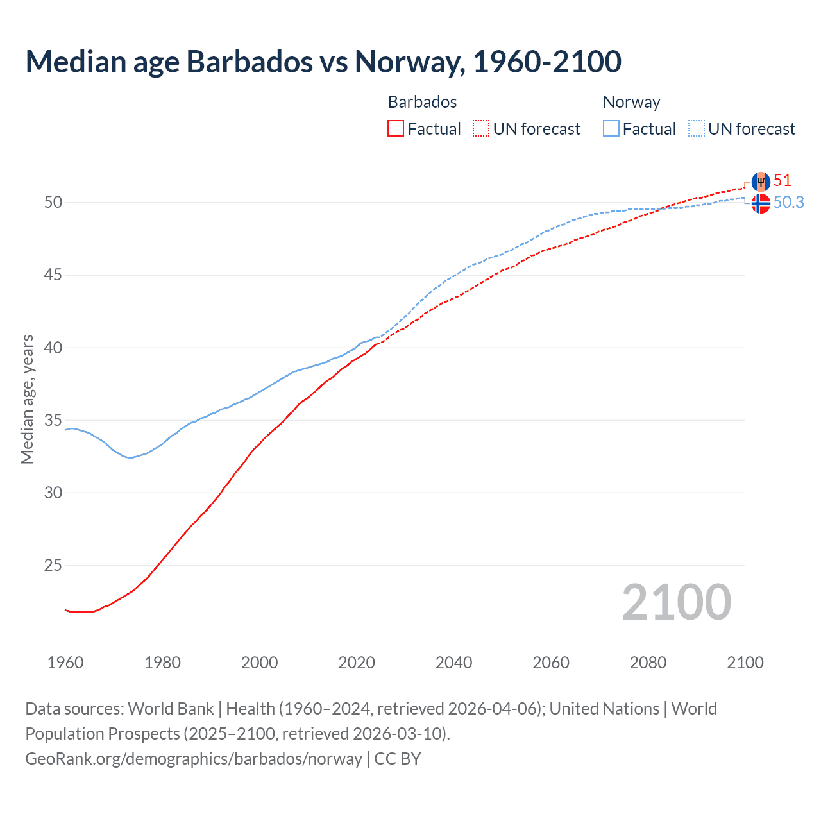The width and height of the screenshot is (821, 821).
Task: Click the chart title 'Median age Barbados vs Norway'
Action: [323, 62]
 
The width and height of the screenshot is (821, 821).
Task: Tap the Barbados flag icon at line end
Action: [760, 182]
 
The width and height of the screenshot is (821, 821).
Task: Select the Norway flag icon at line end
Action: [760, 203]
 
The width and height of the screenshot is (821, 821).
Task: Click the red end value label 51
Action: [782, 180]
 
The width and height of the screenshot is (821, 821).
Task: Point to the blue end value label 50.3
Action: [788, 202]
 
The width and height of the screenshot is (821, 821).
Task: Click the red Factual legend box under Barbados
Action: [396, 129]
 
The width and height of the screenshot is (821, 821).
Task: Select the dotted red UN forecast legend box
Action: [481, 129]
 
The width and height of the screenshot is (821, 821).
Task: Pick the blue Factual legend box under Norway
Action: [611, 129]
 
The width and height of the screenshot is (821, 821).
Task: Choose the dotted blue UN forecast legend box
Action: [697, 129]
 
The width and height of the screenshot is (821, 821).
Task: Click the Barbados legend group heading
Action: [422, 102]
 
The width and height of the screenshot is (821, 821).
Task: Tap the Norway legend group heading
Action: [631, 102]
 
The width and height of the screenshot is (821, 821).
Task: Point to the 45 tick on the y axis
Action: [53, 275]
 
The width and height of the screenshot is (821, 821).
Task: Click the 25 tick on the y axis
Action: [53, 566]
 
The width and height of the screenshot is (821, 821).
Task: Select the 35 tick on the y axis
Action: [53, 421]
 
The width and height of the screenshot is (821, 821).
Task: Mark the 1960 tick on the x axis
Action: [65, 663]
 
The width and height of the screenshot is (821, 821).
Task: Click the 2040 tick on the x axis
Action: [453, 663]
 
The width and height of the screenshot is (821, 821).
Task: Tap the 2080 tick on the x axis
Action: [648, 663]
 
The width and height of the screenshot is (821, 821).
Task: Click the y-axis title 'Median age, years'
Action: [27, 399]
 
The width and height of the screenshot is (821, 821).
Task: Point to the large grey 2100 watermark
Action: [676, 602]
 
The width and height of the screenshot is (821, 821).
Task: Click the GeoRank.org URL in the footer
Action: [194, 759]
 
